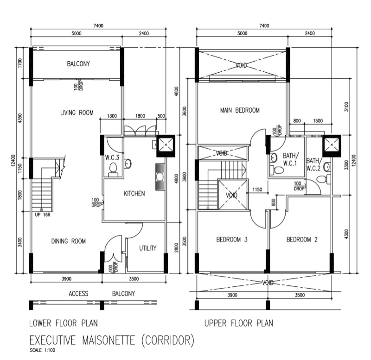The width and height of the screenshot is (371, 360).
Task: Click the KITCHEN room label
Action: tap(134, 194)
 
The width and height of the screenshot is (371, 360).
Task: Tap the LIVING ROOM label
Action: tap(77, 113)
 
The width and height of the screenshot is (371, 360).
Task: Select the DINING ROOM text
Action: tap(68, 241)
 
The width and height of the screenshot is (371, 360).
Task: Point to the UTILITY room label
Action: tap(147, 248)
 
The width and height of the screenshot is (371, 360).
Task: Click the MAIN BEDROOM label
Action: tap(240, 110)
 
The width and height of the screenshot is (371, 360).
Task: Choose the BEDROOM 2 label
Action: tap(302, 240)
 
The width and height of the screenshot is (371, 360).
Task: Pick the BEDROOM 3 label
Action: tap(232, 240)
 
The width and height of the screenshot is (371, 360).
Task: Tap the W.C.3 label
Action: tap(112, 158)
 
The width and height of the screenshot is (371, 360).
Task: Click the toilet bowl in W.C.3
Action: tap(113, 169)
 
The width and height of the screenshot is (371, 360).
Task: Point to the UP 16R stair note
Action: tap(43, 215)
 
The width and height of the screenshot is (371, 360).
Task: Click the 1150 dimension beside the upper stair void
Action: tap(257, 189)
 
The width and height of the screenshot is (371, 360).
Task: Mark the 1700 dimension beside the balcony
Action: tap(19, 63)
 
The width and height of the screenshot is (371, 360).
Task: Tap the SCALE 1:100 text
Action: tap(43, 350)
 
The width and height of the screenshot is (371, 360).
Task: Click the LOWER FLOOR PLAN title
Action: tap(64, 323)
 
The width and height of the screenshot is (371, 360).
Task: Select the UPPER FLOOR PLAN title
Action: tap(239, 323)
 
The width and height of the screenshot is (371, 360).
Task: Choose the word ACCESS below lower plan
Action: tap(78, 294)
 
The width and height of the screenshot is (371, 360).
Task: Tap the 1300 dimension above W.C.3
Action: tap(112, 116)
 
